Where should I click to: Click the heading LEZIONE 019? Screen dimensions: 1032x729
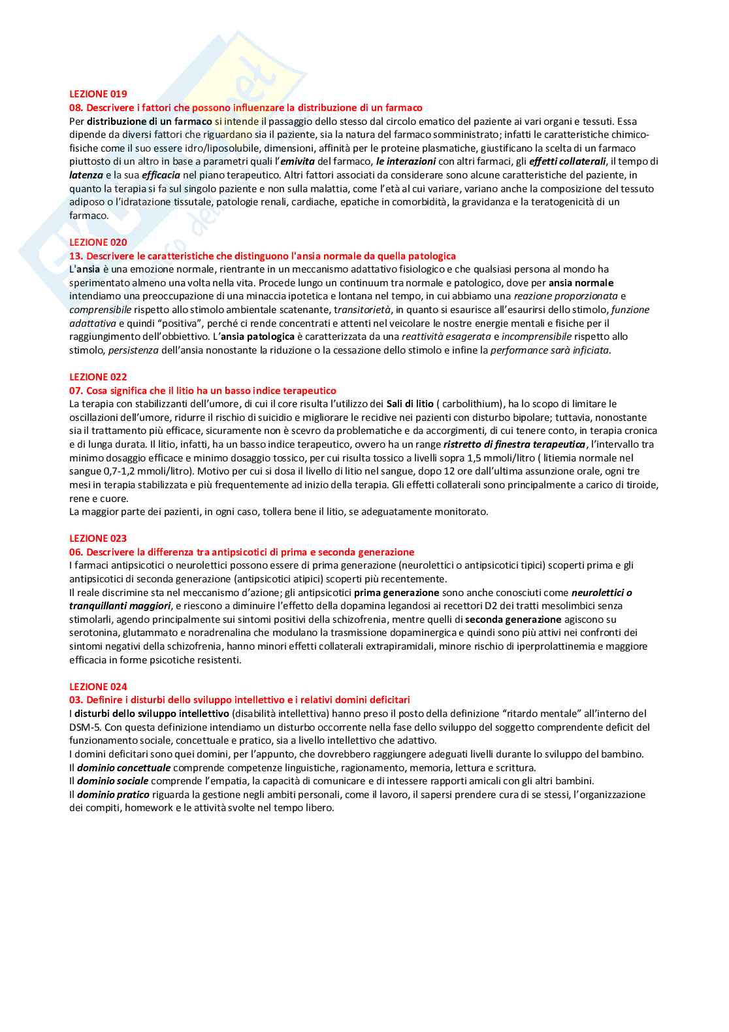[x=98, y=94]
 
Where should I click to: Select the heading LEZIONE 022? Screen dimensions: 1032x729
[x=98, y=377]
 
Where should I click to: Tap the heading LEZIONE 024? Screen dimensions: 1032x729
[x=98, y=687]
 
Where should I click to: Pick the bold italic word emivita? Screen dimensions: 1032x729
[x=297, y=161]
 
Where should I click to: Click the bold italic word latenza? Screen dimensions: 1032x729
[x=86, y=175]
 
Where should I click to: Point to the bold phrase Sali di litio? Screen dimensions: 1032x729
[x=410, y=404]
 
